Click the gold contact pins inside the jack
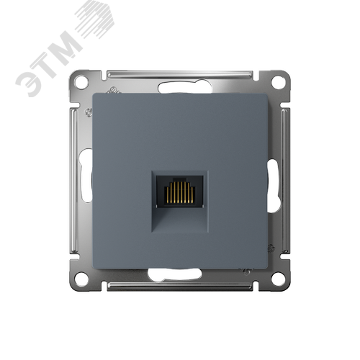point(180,192)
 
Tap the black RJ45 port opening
point(180,192)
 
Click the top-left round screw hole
point(81,81)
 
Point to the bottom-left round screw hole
point(81,279)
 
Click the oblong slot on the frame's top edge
point(185,88)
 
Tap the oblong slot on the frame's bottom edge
point(175,274)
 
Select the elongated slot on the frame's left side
point(86,176)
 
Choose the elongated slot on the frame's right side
point(273,186)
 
